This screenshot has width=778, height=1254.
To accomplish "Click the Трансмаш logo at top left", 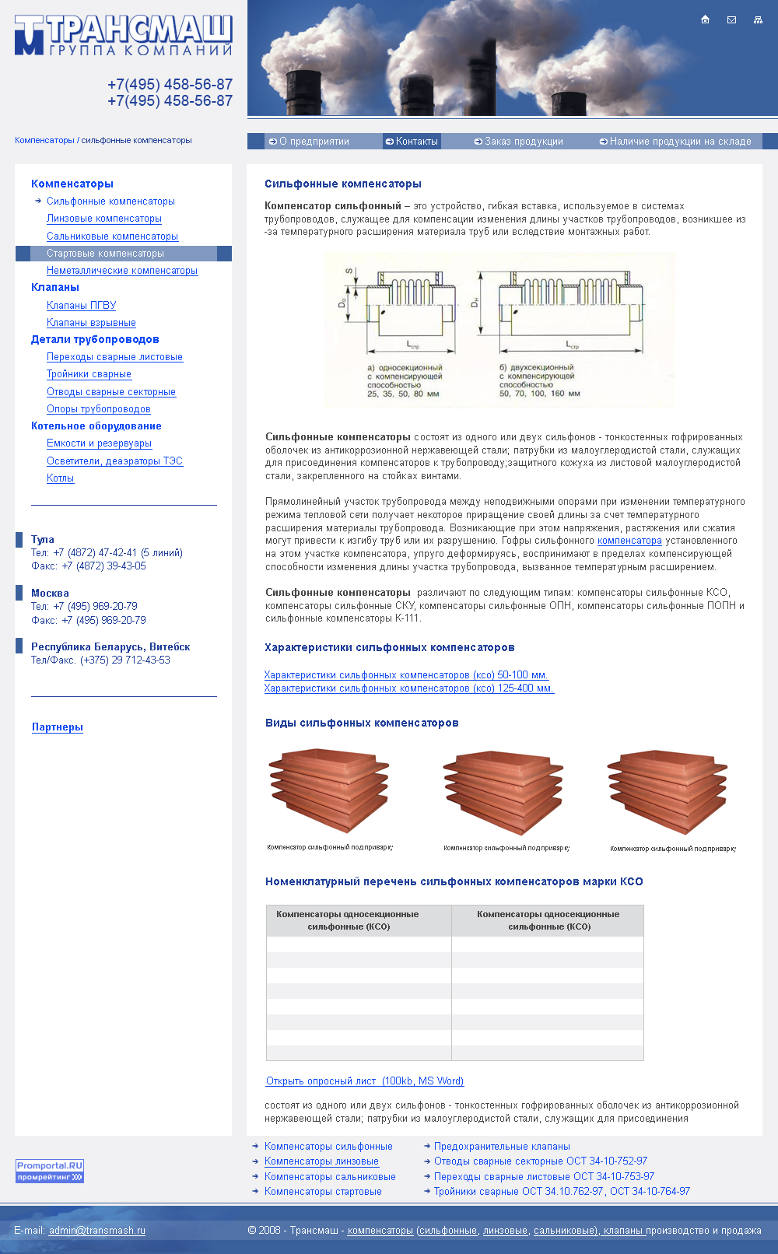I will click(x=123, y=35).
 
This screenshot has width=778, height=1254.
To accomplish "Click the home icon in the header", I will click(x=705, y=19).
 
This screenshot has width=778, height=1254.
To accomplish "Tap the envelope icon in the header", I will click(x=731, y=19).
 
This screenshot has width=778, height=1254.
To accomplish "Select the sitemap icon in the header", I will click(x=758, y=19).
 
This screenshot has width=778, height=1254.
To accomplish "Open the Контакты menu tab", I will click(x=412, y=142).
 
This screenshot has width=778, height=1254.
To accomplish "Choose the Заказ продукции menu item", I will click(x=519, y=142).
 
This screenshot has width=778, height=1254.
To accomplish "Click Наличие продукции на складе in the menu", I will click(x=675, y=142).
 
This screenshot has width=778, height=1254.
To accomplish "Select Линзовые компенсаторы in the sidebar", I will click(x=104, y=219).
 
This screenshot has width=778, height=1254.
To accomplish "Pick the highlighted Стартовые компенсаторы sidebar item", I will click(x=105, y=254).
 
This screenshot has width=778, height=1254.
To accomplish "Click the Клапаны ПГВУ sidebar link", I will click(x=81, y=306).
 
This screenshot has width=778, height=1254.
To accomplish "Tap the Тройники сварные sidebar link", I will click(x=89, y=374).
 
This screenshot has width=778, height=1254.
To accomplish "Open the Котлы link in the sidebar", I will click(x=60, y=478).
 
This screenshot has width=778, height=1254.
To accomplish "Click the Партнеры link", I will click(x=58, y=727).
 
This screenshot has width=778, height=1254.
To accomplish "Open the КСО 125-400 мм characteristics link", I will click(x=408, y=688).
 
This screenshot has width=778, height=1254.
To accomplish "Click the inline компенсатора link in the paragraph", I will click(x=629, y=541).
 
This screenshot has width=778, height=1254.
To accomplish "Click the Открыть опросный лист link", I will click(x=365, y=1081).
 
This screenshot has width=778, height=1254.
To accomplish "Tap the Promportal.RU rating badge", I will click(x=50, y=1171).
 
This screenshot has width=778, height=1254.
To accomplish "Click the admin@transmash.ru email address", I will click(x=97, y=1231).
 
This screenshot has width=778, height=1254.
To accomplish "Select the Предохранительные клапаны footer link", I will click(x=502, y=1147).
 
